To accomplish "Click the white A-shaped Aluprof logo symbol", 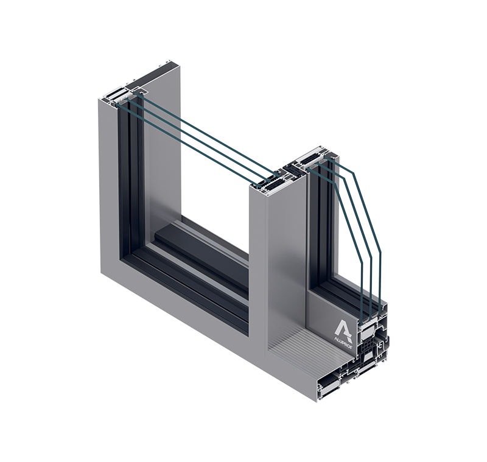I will coord(342,321).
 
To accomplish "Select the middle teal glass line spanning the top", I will coord(201,137).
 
